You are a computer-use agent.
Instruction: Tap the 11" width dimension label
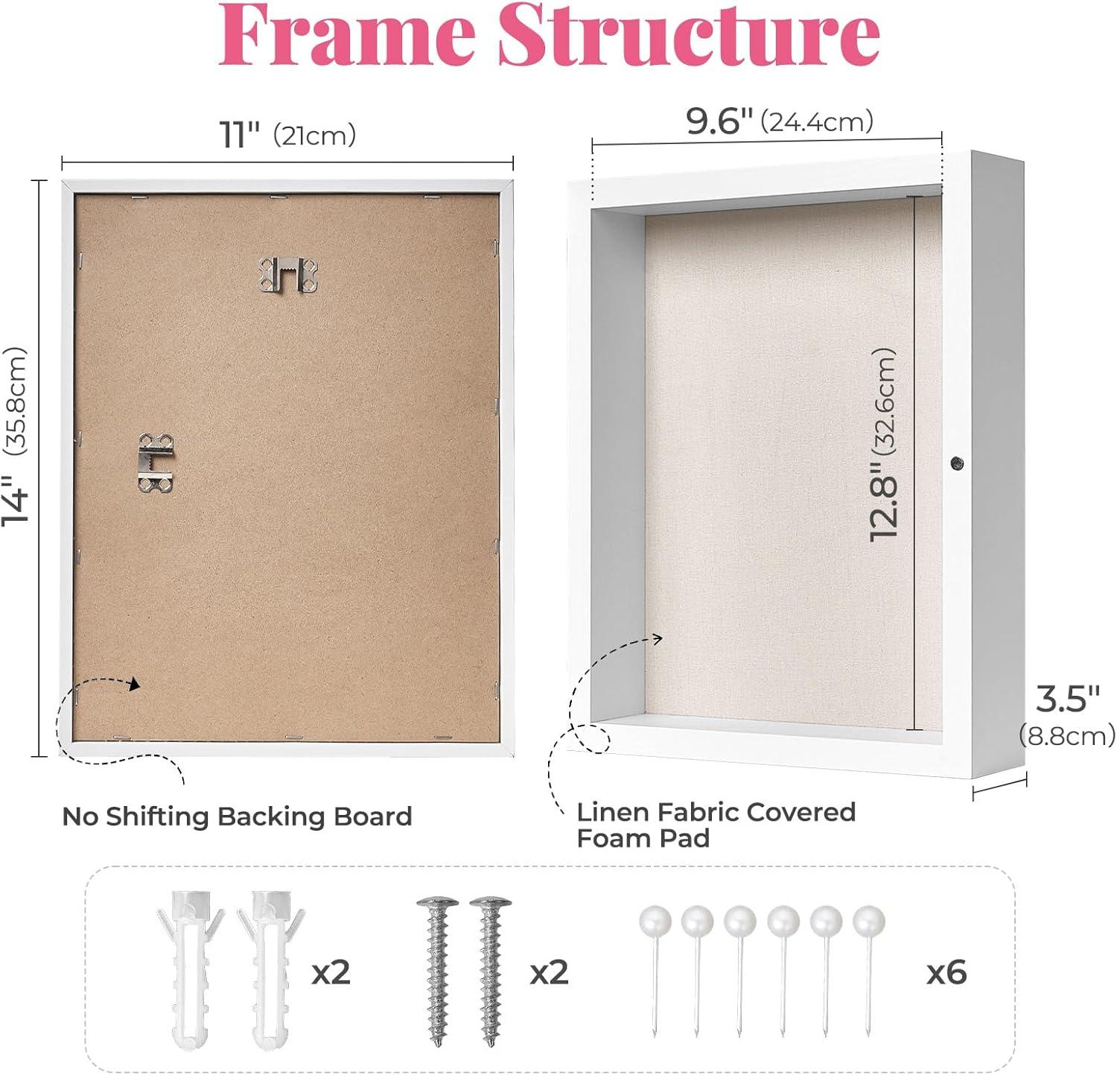tap(239, 135)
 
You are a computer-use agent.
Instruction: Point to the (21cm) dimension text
tap(314, 136)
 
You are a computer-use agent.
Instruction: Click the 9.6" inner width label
tap(719, 121)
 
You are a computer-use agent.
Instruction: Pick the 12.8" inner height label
tap(884, 501)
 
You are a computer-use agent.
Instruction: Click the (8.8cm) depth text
tap(1067, 736)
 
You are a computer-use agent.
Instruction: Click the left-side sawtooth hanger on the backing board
tap(156, 463)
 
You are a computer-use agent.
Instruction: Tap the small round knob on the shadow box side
tap(957, 463)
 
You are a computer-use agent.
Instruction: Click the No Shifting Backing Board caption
tap(237, 816)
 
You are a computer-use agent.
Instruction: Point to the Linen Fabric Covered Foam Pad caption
tap(716, 825)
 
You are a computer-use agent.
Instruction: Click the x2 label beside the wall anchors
tap(331, 971)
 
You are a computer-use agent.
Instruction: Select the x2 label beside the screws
tap(549, 971)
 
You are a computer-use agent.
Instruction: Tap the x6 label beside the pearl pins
tap(946, 971)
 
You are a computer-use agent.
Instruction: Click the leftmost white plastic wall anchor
tap(189, 969)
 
